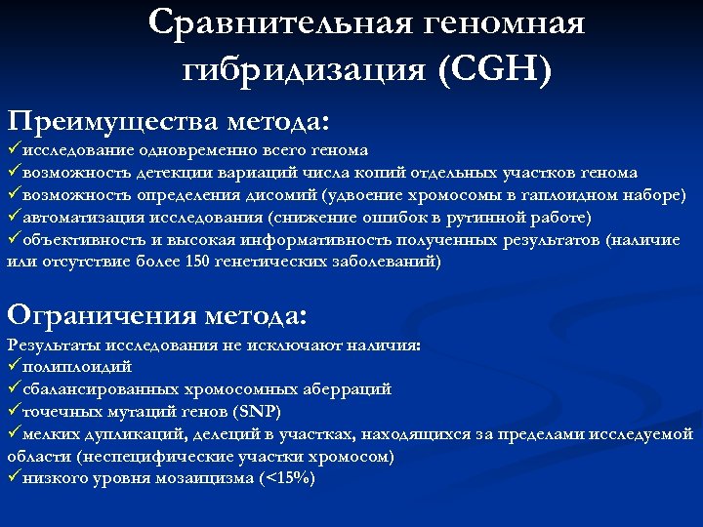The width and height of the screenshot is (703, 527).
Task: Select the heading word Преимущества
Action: (x=114, y=122)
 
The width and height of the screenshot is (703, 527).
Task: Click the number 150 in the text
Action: (x=198, y=262)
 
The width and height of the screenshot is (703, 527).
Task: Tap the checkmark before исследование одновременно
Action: (x=12, y=150)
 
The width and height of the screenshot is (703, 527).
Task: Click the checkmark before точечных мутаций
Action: (x=12, y=411)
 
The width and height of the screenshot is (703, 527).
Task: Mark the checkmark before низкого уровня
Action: (x=12, y=478)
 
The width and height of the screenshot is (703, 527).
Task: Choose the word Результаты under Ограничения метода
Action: (x=48, y=345)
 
